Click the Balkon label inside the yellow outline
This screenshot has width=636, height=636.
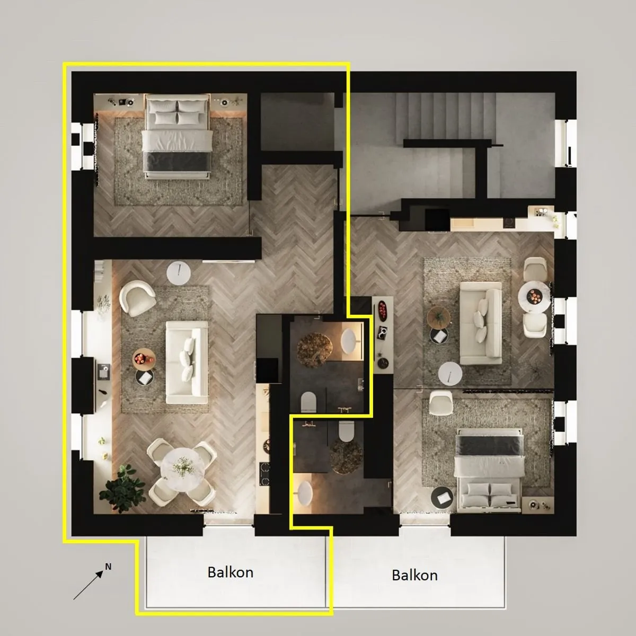(x=230, y=572)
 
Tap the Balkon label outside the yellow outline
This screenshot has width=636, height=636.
(x=414, y=575)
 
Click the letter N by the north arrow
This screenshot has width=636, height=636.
(x=108, y=567)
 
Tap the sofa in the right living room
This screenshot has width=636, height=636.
(x=480, y=323)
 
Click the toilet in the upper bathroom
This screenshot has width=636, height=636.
(x=309, y=402)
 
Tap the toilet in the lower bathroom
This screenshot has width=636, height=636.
(x=347, y=430)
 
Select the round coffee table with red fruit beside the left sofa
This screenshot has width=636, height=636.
(x=144, y=359)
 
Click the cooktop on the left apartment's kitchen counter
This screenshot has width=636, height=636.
(x=263, y=474)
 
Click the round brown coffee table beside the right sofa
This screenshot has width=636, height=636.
(x=438, y=316)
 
